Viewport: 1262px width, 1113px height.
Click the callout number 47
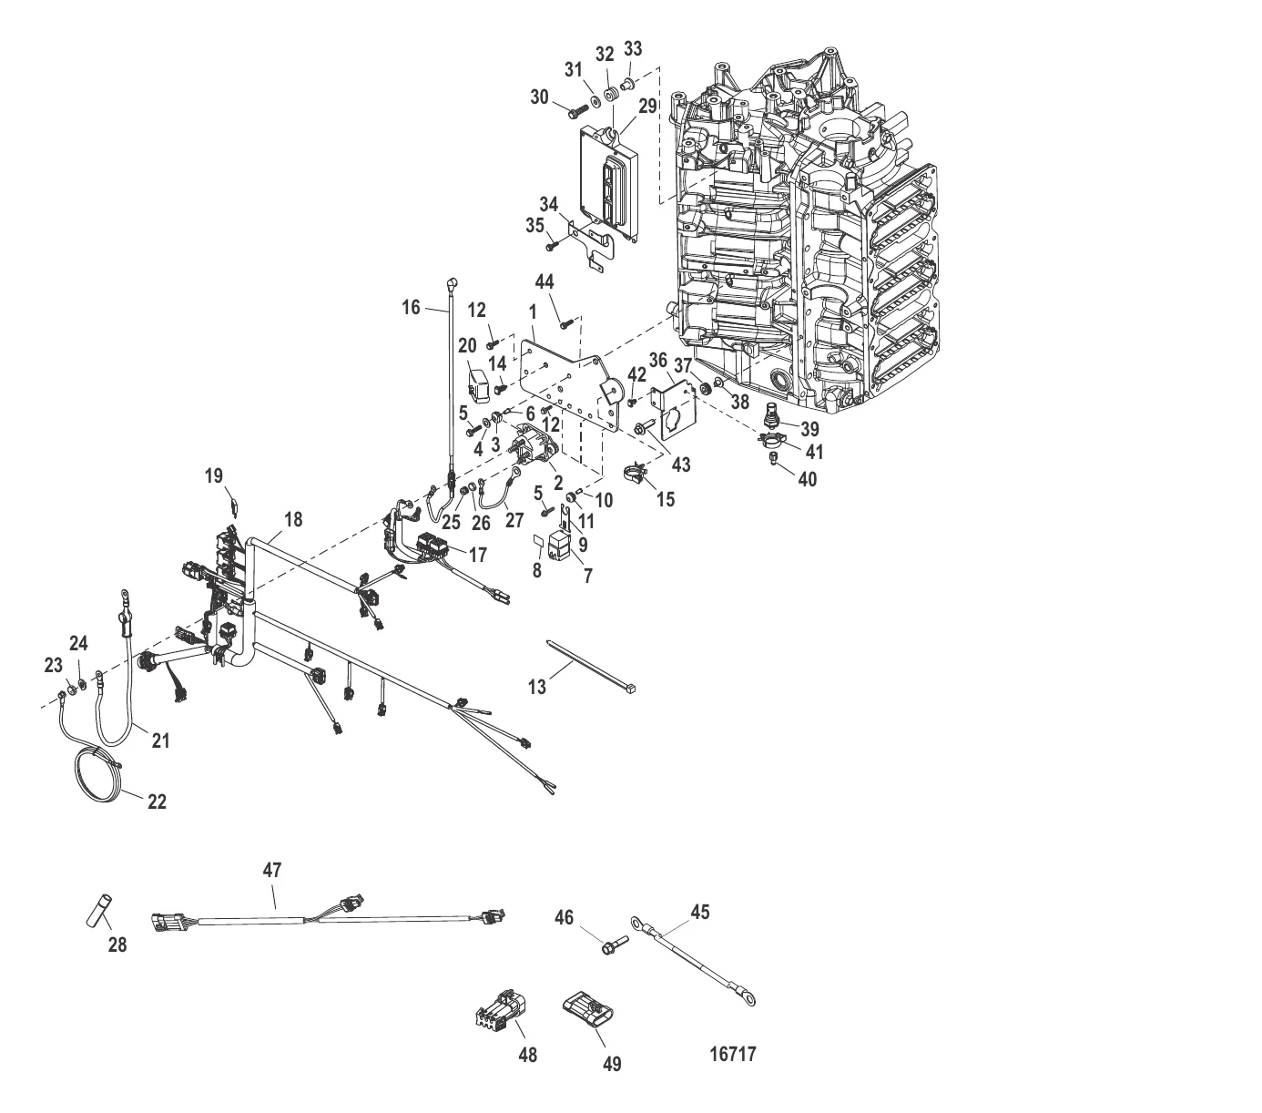272,870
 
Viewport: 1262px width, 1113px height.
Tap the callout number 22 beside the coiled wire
157,802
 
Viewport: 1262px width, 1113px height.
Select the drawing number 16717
733,1055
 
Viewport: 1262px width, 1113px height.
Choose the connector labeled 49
586,1013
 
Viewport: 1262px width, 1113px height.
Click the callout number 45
700,912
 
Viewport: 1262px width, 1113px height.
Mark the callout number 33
633,48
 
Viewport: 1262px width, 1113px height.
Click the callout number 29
647,107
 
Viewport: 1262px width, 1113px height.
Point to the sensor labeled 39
773,414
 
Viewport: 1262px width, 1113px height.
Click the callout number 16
412,307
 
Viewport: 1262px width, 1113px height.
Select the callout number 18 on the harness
293,520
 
